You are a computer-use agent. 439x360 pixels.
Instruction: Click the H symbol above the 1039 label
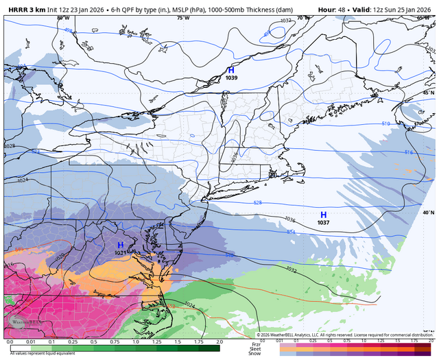[231, 70]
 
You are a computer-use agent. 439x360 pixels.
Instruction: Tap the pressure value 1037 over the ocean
[323, 223]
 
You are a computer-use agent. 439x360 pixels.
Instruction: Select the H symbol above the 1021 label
[120, 245]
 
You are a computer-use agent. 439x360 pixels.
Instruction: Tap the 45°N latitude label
[429, 92]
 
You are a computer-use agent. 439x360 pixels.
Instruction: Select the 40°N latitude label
[429, 213]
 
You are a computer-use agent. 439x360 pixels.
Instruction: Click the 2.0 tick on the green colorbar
[219, 341]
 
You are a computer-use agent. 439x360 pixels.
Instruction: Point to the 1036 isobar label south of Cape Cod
[289, 219]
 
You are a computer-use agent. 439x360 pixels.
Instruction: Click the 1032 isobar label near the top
[285, 21]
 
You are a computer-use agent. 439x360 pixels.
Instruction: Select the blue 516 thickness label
[409, 152]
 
